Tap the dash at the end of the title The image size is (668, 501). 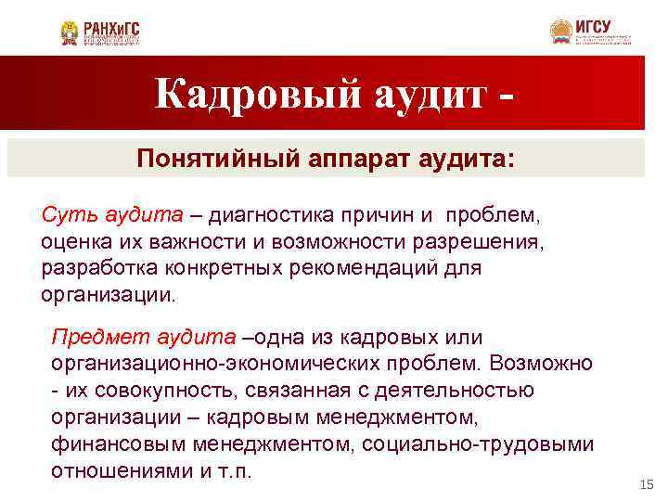(506, 97)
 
